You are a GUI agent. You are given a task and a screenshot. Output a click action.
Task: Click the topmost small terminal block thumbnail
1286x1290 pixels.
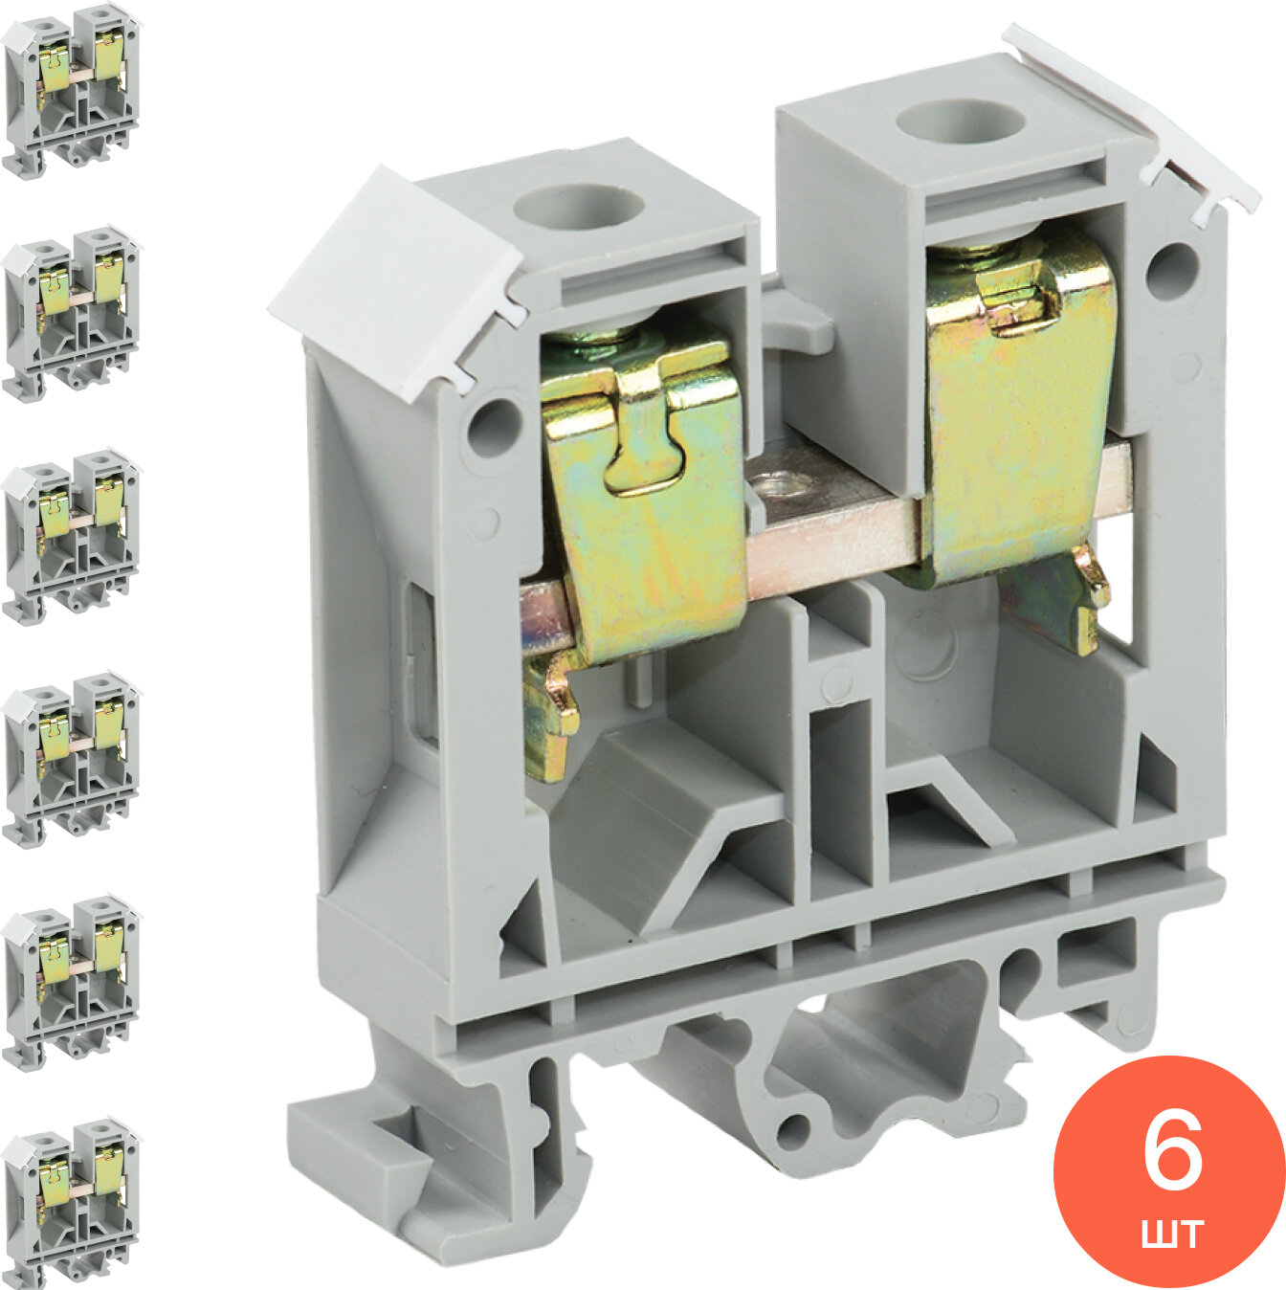tap(71, 92)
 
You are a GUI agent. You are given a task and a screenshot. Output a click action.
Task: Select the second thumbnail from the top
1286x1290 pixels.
tap(71, 314)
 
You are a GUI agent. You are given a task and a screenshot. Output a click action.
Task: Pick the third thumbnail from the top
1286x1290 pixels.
tap(71, 538)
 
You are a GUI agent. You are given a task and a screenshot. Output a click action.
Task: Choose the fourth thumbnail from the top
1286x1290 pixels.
tap(71, 761)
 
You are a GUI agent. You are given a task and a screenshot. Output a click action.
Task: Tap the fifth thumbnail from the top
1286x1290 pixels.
tap(71, 984)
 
